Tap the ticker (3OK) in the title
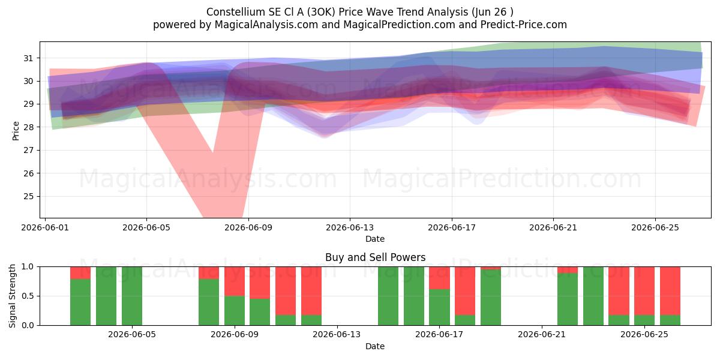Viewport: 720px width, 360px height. (321, 12)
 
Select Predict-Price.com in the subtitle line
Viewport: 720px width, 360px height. (524, 25)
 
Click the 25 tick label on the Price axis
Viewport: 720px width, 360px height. (28, 196)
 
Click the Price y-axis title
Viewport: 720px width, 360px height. (16, 131)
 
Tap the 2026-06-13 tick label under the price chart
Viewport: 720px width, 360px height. (350, 227)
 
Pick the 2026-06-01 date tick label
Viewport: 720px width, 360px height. (45, 227)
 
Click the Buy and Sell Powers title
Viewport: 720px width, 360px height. (375, 257)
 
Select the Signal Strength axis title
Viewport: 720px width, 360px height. (12, 296)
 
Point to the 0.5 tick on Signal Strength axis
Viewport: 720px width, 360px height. (28, 296)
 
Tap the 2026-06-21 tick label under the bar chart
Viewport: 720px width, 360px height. (542, 335)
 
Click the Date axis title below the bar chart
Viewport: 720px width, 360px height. (375, 346)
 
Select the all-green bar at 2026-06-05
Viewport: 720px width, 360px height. (132, 296)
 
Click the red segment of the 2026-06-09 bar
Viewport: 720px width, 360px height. (235, 281)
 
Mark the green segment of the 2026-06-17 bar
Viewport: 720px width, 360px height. (439, 307)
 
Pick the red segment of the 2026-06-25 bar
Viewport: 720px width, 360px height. (644, 291)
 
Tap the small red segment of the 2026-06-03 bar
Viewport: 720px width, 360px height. (80, 273)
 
